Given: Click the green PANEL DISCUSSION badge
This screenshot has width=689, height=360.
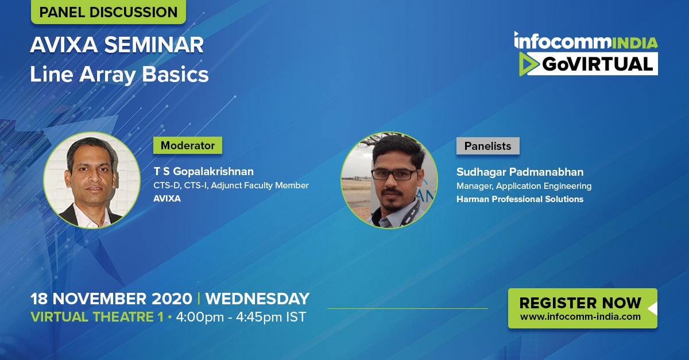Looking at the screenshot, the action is (109, 11).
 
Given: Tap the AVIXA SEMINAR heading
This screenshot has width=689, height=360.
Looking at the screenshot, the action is (117, 45).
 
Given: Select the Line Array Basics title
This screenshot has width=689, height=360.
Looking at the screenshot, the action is (119, 75).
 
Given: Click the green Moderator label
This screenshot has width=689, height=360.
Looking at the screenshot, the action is (188, 145).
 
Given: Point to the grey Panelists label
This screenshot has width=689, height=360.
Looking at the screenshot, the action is (488, 146).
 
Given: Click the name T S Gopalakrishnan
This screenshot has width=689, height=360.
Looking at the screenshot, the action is (204, 171).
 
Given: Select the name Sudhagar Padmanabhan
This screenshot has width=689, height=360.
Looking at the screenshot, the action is (520, 172).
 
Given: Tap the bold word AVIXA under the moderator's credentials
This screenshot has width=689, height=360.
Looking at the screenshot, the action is (167, 199).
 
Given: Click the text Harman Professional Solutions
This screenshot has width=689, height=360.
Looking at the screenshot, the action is (520, 199).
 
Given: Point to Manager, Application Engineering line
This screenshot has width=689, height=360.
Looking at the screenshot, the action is (524, 186).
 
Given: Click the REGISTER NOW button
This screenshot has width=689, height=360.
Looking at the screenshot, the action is (583, 308).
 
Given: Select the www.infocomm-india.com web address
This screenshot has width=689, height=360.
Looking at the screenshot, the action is (580, 316).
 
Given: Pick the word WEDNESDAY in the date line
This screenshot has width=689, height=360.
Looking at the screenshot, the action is (257, 299).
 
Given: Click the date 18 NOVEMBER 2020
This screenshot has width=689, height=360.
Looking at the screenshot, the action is (111, 299).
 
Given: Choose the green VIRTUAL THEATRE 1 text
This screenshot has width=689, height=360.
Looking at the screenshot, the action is (97, 317).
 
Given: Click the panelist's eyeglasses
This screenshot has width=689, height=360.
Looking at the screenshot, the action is (394, 175).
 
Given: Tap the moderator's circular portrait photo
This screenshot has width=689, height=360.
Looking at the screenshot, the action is (92, 180).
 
